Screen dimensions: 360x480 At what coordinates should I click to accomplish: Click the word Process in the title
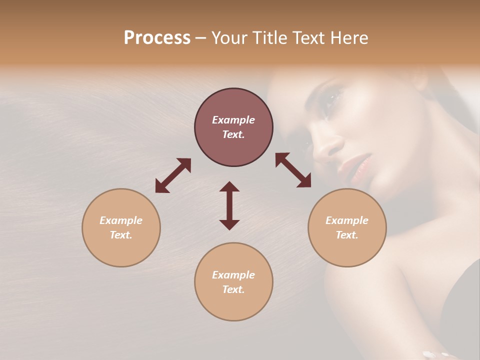point(157,38)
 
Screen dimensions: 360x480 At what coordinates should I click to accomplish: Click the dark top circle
point(233,127)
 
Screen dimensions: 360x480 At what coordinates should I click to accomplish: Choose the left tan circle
point(121,227)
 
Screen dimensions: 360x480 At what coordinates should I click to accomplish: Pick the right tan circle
point(347,227)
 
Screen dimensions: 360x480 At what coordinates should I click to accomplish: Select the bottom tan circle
point(233,282)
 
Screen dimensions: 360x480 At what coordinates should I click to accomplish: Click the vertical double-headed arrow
point(229,205)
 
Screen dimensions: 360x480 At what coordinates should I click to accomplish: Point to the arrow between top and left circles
point(173,175)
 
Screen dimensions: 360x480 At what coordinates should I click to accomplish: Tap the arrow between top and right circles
point(293,170)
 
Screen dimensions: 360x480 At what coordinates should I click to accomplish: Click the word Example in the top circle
point(233,120)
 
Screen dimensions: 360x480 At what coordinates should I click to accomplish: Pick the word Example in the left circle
point(121,220)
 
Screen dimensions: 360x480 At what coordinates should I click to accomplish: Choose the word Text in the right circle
point(345,235)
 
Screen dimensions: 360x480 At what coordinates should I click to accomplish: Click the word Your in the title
point(227,38)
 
